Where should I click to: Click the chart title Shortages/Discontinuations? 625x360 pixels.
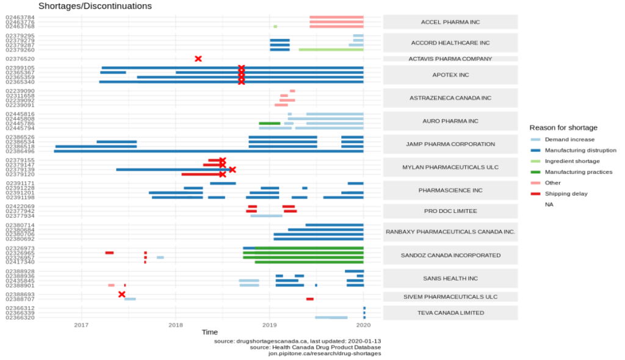click(x=95, y=6)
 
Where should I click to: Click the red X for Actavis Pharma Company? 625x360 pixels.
click(x=198, y=59)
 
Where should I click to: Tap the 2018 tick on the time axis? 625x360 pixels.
click(x=176, y=324)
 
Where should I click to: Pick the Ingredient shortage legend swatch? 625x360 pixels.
click(x=535, y=161)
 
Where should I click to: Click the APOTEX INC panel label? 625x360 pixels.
click(x=450, y=74)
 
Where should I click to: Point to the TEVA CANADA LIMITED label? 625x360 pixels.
click(x=450, y=312)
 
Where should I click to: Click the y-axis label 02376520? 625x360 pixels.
click(x=20, y=59)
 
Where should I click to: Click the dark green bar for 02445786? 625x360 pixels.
click(x=270, y=123)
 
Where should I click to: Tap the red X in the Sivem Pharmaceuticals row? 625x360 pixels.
click(x=122, y=295)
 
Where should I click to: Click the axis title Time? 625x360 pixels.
click(x=209, y=333)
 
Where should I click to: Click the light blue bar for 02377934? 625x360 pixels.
click(x=266, y=215)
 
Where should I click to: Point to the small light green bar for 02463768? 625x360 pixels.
click(x=275, y=26)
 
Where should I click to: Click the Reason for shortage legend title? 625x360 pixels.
click(x=563, y=128)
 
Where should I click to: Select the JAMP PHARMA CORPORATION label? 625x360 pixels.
click(x=450, y=144)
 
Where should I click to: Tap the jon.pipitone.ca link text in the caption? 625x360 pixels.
click(x=320, y=353)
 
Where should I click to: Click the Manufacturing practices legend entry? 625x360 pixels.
click(x=579, y=172)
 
